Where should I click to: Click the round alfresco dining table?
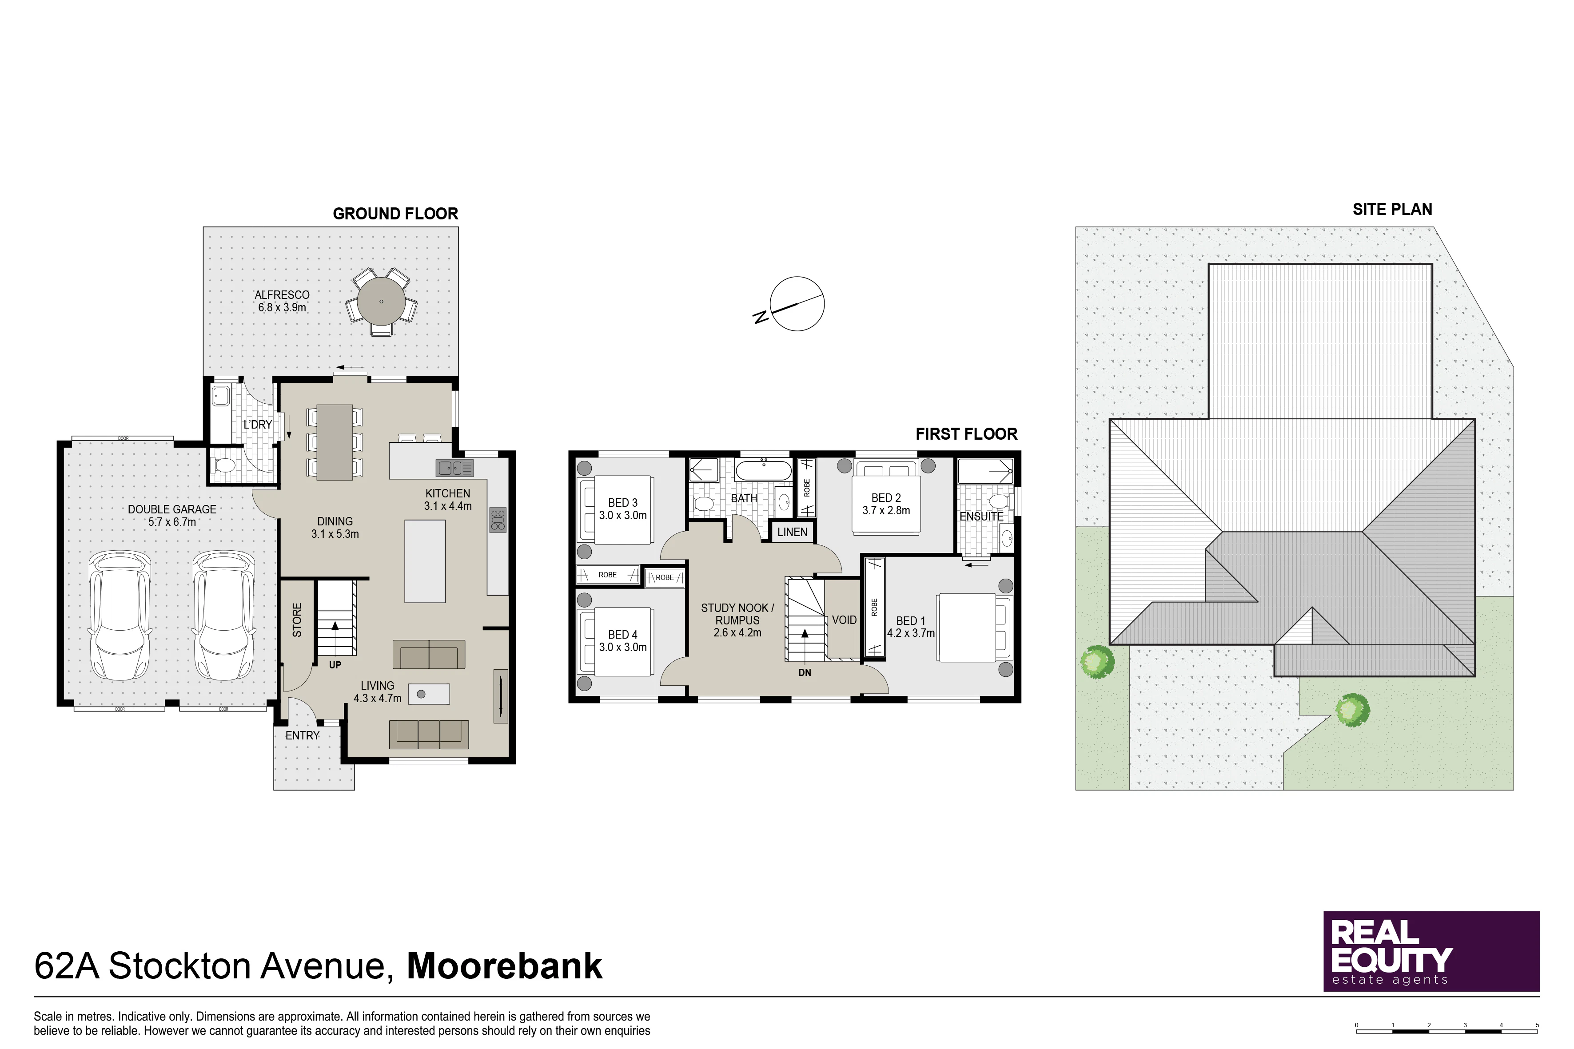[381, 301]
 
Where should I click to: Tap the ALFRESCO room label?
[282, 295]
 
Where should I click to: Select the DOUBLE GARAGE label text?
[172, 509]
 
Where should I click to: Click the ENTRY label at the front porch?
[303, 735]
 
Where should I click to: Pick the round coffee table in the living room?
[421, 695]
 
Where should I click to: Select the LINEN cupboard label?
[793, 532]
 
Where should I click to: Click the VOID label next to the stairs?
[844, 620]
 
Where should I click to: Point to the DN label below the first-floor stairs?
[805, 672]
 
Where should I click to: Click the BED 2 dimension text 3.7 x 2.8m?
[886, 510]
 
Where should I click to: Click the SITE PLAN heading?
[1393, 209]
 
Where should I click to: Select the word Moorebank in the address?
[505, 966]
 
